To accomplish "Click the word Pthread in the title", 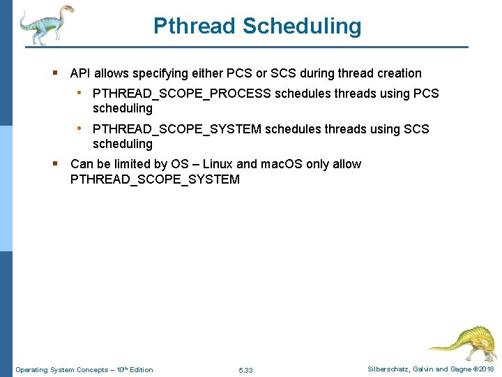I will tap(195, 27).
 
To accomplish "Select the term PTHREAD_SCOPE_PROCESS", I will tap(182, 94).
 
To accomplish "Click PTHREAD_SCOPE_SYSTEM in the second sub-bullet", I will tap(177, 129).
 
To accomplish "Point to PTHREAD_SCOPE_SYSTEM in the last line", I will tap(155, 179).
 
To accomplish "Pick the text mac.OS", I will tap(282, 164).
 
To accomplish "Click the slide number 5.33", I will tap(245, 370).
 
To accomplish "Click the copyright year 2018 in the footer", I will tap(486, 369).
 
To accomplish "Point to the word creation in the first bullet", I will tap(399, 73).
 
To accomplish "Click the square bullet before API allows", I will tap(56, 73).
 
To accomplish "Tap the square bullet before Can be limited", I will tap(56, 163).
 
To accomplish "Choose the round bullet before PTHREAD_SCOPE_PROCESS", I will tap(81, 93).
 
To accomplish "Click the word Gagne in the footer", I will tap(459, 369).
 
